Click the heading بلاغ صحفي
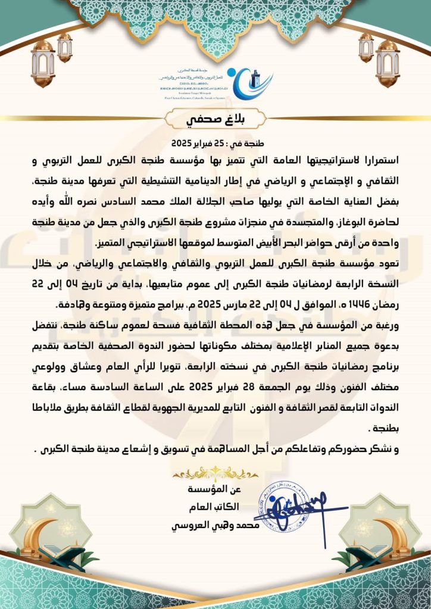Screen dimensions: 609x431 click(215, 118)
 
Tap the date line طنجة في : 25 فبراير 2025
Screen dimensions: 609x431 click(215, 144)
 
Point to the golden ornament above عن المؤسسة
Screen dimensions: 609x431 click(215, 473)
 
